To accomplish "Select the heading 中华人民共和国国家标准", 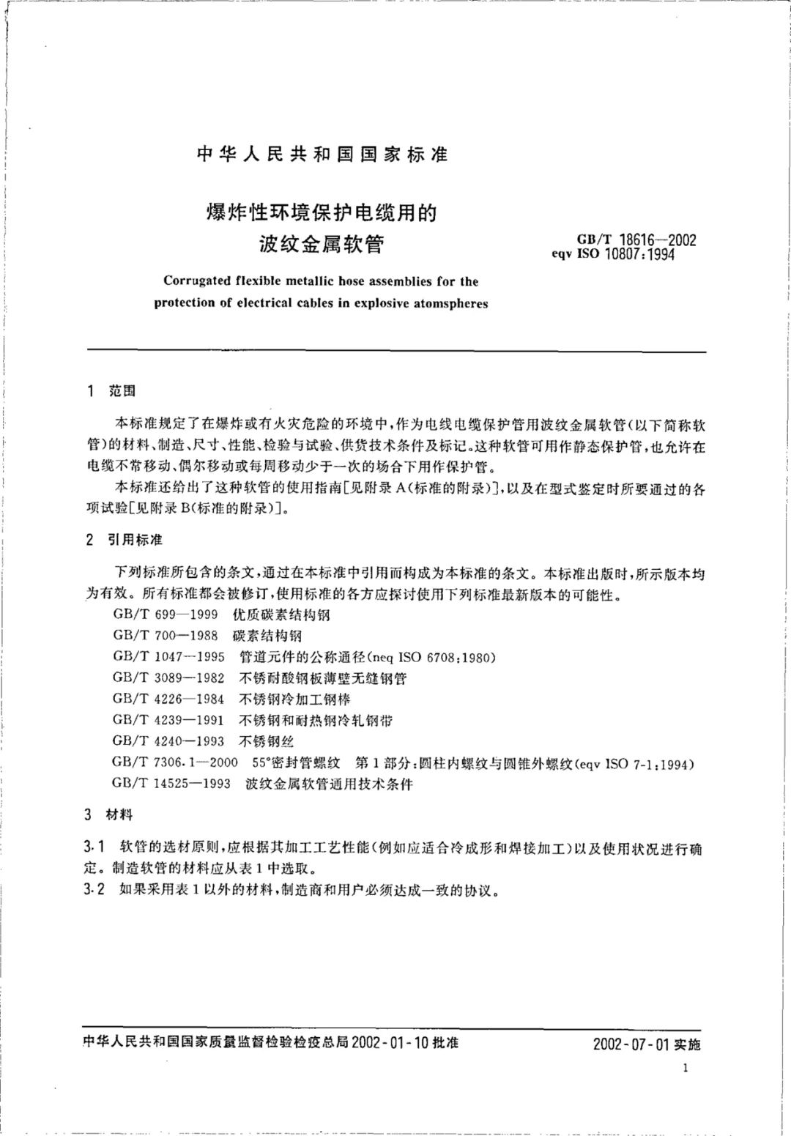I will point(322,154).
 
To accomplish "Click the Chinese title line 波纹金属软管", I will point(322,243).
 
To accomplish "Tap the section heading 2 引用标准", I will point(125,540).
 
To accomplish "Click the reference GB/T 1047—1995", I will point(168,656).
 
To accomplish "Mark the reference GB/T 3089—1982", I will point(168,677).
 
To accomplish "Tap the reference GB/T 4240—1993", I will point(168,740).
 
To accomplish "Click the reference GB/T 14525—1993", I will point(171,783).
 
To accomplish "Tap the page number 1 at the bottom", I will point(685,1068).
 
